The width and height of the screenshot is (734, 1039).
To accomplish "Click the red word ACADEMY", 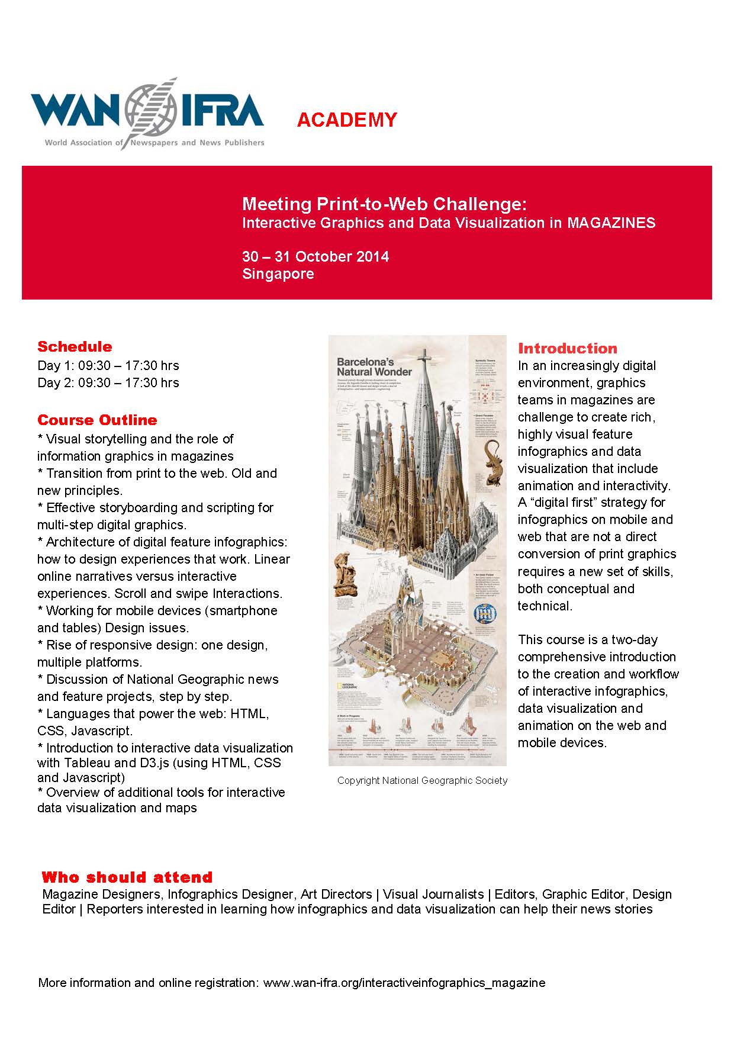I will coord(347,120).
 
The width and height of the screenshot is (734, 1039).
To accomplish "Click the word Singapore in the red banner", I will coord(278,274).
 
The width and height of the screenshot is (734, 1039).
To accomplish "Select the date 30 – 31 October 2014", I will coord(316,256).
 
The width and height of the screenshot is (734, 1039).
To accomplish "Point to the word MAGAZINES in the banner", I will coord(611,223).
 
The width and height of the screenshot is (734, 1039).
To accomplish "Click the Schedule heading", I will coord(75,346).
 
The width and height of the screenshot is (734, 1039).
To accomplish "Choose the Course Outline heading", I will coord(97,420).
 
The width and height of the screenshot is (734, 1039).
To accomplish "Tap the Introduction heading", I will coord(567,348).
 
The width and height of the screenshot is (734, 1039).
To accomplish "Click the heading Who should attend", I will coord(127,877).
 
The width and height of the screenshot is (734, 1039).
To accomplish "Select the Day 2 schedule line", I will coord(108,382).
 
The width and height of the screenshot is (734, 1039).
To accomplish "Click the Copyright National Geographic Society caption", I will coord(422,780).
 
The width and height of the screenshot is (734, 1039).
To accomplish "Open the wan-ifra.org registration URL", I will coord(404,983).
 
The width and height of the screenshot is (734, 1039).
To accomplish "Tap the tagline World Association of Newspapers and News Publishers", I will coord(154,143).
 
